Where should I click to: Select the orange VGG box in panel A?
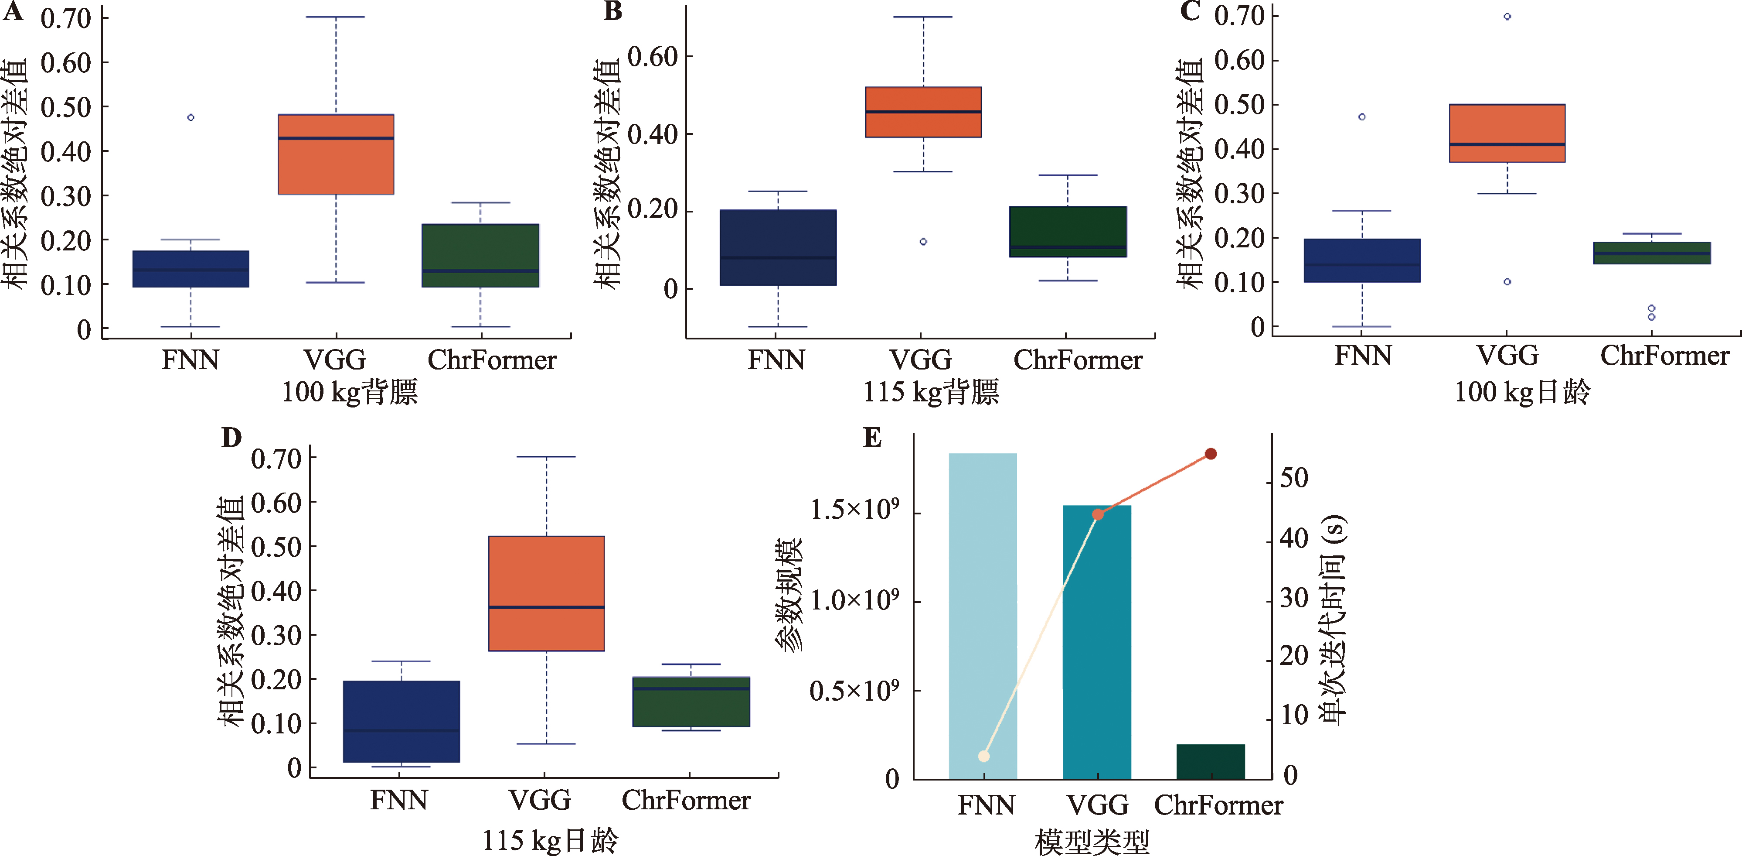point(336,154)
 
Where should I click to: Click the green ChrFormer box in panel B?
point(1068,231)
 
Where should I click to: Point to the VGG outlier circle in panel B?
point(923,242)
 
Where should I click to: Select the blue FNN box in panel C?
point(1362,260)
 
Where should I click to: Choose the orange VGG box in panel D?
point(546,593)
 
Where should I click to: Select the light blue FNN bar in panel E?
point(983,616)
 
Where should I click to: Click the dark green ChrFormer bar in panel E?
point(1211,762)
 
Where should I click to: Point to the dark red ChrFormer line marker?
point(1211,453)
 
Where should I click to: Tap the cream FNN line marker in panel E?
point(984,756)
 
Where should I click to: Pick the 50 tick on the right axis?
point(1294,479)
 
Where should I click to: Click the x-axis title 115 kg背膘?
point(931,393)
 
